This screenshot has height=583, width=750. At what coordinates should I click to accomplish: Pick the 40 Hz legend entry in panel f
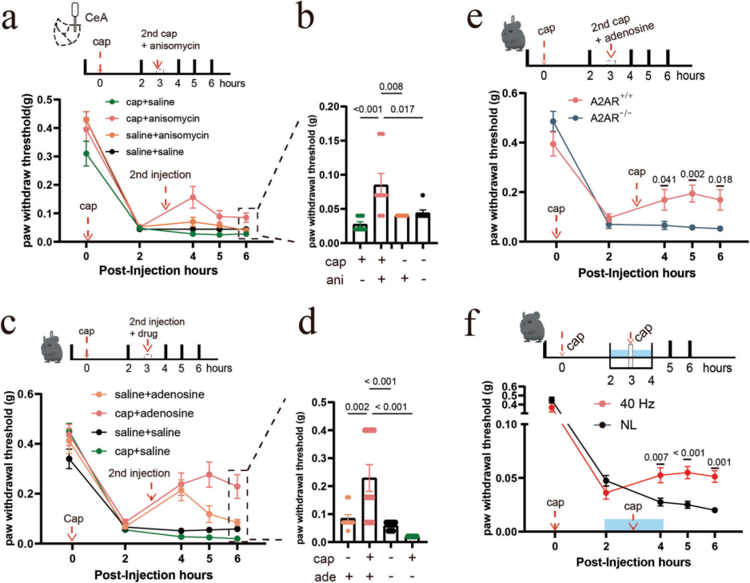(x=635, y=402)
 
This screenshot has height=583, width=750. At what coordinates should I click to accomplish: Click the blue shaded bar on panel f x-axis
(x=633, y=523)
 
